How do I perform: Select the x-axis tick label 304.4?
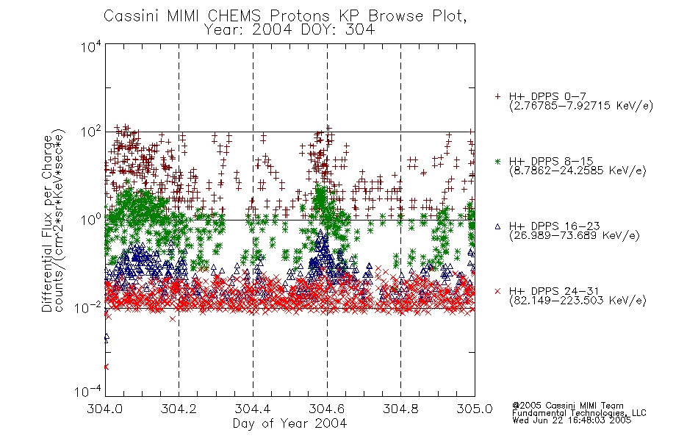[253, 409]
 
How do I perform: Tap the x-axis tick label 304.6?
[326, 409]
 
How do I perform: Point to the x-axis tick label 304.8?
[400, 409]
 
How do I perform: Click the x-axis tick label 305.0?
[475, 409]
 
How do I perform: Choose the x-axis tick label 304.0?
[104, 409]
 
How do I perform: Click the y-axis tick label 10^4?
[91, 47]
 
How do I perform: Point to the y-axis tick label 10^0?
[91, 220]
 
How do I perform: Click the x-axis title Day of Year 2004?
[289, 423]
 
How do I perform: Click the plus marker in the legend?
[497, 96]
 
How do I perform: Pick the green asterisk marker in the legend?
[497, 162]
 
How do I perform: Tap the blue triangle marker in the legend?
[497, 226]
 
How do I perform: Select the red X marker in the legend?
[497, 291]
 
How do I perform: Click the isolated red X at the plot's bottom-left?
[106, 367]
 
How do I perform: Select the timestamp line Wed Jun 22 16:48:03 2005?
[572, 420]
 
